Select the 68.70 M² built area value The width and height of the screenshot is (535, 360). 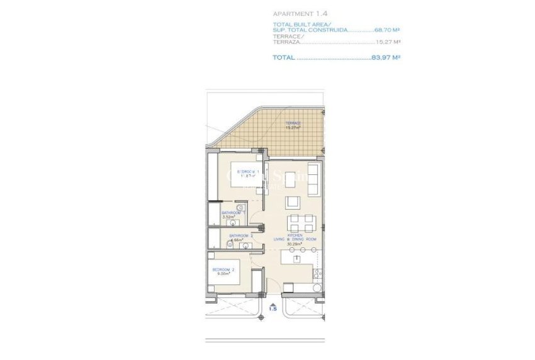click(x=388, y=30)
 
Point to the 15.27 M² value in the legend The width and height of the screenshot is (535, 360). click(x=388, y=43)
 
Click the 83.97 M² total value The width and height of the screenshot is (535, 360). click(x=386, y=57)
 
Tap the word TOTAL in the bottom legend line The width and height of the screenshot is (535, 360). click(x=283, y=57)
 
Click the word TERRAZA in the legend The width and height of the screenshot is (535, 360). click(x=287, y=43)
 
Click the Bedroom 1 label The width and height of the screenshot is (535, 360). click(x=247, y=172)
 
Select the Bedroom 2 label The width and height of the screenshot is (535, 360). click(x=223, y=270)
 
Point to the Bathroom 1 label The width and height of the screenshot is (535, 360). click(x=231, y=213)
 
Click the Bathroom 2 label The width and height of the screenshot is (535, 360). click(x=240, y=235)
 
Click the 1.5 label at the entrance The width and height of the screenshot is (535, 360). click(x=273, y=309)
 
